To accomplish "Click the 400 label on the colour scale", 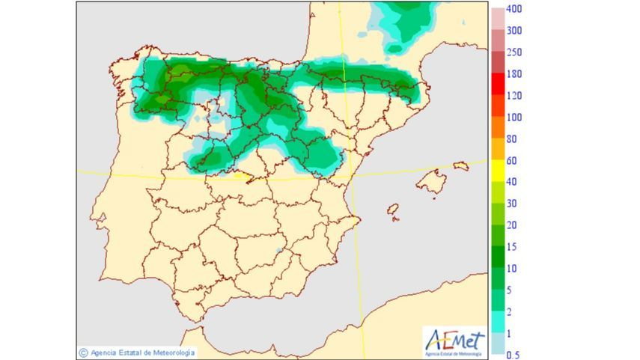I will click(x=513, y=10).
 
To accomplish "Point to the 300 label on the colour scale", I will click(x=513, y=31).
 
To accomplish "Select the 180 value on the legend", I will click(x=513, y=74).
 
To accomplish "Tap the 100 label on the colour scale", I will click(x=513, y=118).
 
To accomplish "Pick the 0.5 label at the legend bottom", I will click(x=513, y=355).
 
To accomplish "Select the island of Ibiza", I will click(x=392, y=211).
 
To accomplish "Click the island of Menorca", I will click(x=460, y=165).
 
